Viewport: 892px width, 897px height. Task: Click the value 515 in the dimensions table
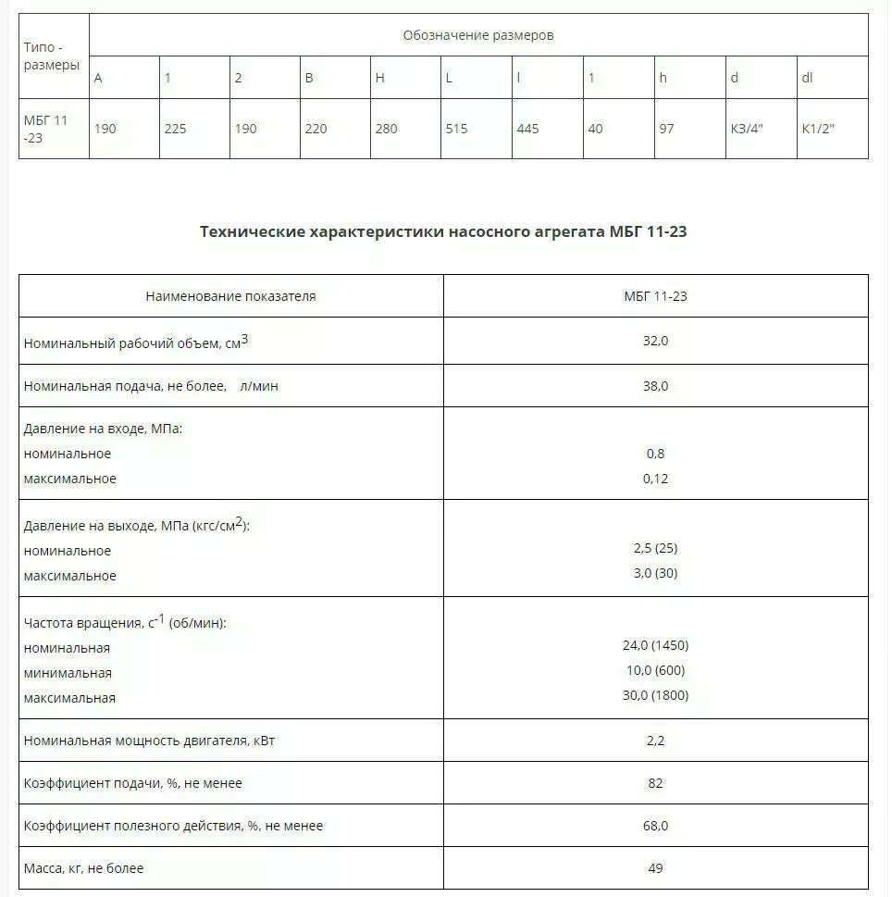click(456, 129)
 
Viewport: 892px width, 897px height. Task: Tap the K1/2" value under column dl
click(818, 129)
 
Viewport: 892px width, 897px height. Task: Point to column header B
click(309, 78)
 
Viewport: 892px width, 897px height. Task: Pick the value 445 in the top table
click(527, 129)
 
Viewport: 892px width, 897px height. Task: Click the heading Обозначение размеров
click(477, 35)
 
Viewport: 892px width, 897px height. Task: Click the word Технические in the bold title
click(252, 231)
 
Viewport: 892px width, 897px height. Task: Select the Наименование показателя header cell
click(230, 296)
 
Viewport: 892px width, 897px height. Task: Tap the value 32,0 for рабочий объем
click(655, 341)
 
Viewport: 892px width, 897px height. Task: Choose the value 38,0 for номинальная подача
click(655, 385)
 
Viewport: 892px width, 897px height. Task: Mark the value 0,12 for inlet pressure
click(655, 479)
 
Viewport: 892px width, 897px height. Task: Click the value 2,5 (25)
click(655, 548)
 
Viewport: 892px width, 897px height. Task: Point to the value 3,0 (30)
click(655, 573)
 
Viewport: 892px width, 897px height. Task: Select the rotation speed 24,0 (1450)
click(655, 645)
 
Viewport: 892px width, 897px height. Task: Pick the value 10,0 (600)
click(655, 670)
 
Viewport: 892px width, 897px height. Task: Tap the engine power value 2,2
click(655, 741)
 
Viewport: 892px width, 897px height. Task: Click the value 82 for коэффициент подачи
click(655, 783)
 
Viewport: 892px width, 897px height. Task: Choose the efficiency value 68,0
click(655, 825)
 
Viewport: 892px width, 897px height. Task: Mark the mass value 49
click(655, 868)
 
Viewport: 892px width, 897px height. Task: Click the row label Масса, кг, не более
click(84, 868)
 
